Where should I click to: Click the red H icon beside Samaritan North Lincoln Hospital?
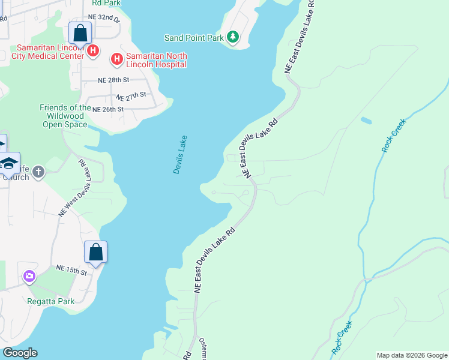[x=116, y=59]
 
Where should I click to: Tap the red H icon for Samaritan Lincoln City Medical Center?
[x=93, y=51]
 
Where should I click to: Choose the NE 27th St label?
[x=131, y=96]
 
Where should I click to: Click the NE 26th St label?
[x=107, y=109]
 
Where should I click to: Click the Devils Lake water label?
[x=180, y=155]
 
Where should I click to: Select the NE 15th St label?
[x=71, y=271]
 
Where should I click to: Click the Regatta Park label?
[x=51, y=301]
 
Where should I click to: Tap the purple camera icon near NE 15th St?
[x=29, y=277]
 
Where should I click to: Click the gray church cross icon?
[x=38, y=173]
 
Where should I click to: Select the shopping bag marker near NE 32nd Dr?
[x=80, y=33]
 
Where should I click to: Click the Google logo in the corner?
[x=20, y=353]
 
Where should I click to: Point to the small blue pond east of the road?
[x=366, y=121]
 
